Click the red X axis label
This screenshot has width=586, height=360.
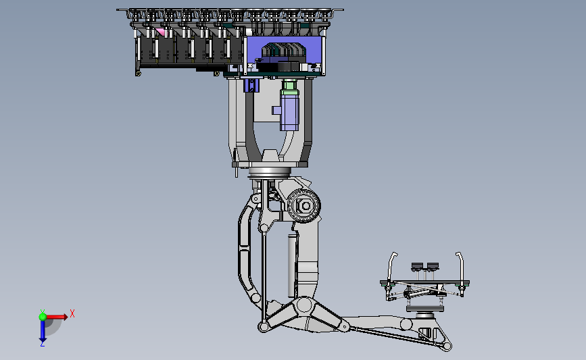(x=72, y=313)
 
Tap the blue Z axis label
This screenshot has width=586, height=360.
(x=42, y=344)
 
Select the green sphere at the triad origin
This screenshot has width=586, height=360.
(x=43, y=317)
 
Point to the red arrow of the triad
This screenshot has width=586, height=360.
(x=57, y=317)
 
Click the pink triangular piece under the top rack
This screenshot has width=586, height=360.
(x=160, y=32)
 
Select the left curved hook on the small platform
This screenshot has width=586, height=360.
(x=391, y=265)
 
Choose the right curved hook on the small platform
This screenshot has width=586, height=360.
(x=461, y=265)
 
